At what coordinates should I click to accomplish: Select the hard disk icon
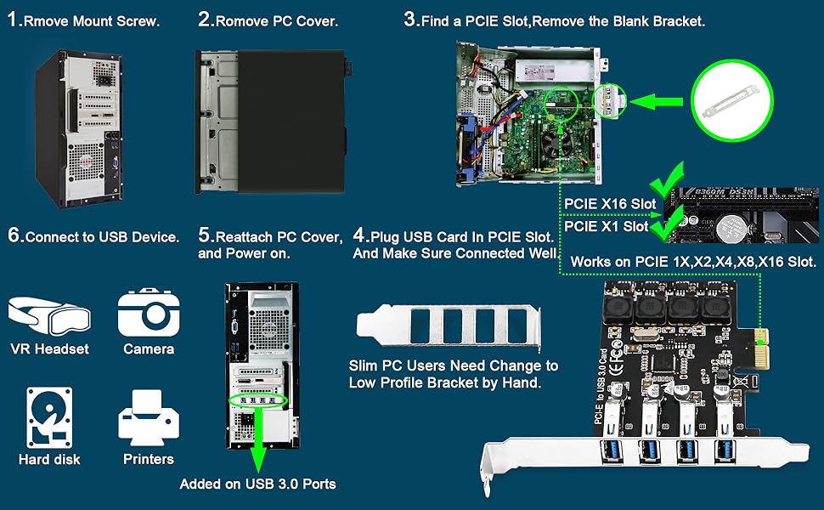coord(49,417)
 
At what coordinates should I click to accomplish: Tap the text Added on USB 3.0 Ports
coord(257,484)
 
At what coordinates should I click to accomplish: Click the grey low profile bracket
coord(449,327)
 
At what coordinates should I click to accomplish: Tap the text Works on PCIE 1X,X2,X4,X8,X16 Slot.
coord(693,262)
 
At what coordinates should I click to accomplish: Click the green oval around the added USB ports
coord(258,399)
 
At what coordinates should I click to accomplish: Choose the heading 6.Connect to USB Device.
coord(93,236)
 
